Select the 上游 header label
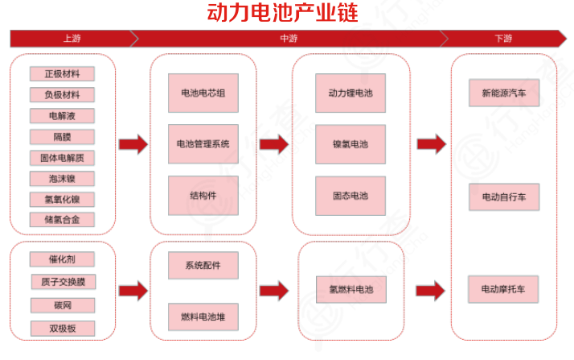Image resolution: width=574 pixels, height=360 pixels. pos(71,39)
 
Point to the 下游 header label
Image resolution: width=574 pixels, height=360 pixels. pos(503,39)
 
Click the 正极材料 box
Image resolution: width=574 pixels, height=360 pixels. pos(62,74)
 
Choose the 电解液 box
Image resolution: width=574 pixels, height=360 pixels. pos(62,116)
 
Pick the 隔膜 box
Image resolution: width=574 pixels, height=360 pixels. pos(62,137)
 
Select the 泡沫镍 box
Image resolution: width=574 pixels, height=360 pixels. pos(62,179)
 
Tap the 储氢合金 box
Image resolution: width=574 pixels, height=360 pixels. pos(62,219)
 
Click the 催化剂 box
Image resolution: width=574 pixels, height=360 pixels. pos(62,260)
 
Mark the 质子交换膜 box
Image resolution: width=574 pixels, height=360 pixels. pos(62,283)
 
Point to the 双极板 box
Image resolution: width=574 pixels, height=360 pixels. pos(62,328)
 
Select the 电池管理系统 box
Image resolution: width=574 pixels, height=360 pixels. pos(203,144)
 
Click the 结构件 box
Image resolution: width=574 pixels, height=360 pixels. pos(203,195)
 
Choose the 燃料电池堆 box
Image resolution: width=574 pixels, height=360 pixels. pos(203,317)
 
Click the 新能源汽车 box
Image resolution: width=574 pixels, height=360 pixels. pos(504,93)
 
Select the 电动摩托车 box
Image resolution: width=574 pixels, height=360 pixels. pos(504,288)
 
